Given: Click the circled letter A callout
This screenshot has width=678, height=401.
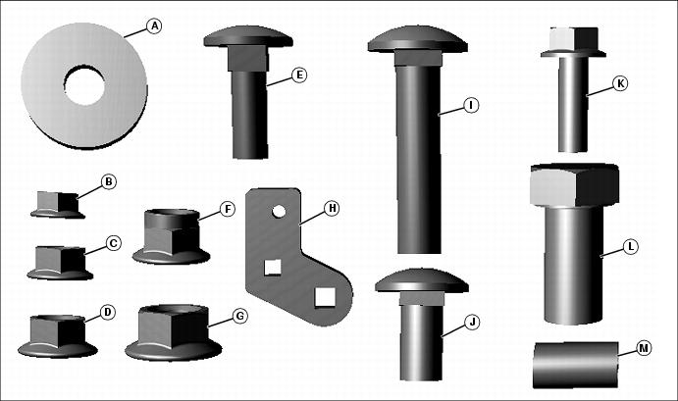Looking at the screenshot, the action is (x=153, y=26).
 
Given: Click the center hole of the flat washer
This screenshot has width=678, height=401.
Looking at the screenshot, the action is (x=84, y=84).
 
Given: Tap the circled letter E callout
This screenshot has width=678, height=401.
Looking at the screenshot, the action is (x=299, y=75).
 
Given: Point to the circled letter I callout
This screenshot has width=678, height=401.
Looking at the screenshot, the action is (x=471, y=105).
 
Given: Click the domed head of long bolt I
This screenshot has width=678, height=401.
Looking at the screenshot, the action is (x=417, y=39).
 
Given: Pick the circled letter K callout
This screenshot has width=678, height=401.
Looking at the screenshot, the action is (x=620, y=83).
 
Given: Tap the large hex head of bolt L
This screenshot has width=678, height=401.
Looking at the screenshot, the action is (x=575, y=185).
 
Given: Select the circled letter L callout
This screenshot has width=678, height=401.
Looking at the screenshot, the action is (x=631, y=247).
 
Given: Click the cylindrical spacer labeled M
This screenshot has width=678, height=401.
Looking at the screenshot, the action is (x=576, y=365).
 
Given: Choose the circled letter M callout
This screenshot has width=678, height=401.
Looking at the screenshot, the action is (x=645, y=348).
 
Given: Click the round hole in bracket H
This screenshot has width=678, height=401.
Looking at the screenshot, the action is (x=279, y=212).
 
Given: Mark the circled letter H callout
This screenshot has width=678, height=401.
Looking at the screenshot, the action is (x=332, y=208).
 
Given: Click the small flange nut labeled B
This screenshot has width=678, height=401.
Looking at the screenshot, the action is (x=58, y=205).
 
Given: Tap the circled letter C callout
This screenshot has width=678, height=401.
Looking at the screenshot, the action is (x=113, y=243).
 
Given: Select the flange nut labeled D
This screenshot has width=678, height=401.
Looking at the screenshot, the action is (x=58, y=336).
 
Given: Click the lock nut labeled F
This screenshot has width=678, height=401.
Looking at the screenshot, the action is (x=172, y=237).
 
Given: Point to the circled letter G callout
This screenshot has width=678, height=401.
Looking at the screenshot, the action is (x=240, y=317).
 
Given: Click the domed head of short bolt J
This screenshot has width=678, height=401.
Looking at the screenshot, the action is (x=422, y=280).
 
